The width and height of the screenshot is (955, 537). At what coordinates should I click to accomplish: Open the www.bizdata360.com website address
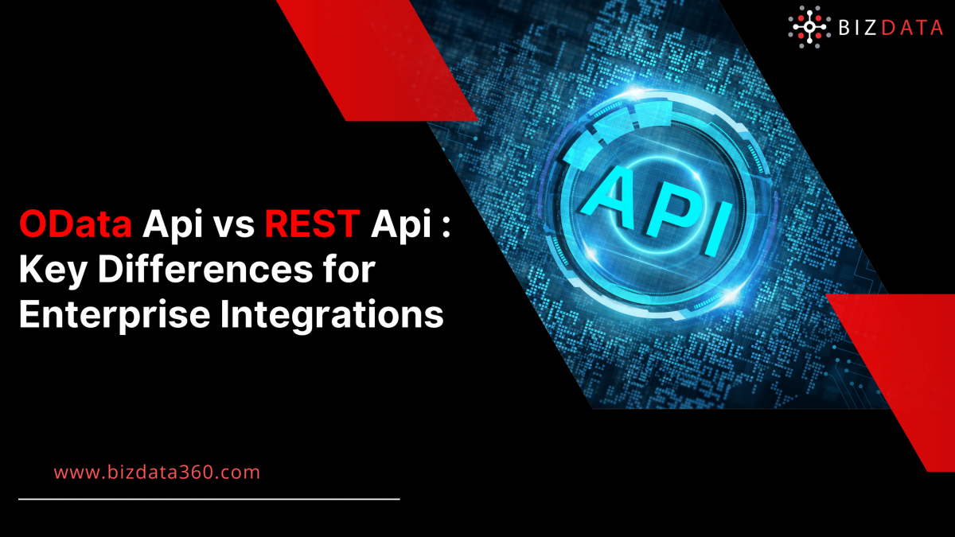tap(157, 472)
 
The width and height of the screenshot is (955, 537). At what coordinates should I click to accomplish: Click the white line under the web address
tap(209, 500)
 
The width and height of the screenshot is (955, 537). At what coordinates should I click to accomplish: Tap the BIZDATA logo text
tap(890, 28)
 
